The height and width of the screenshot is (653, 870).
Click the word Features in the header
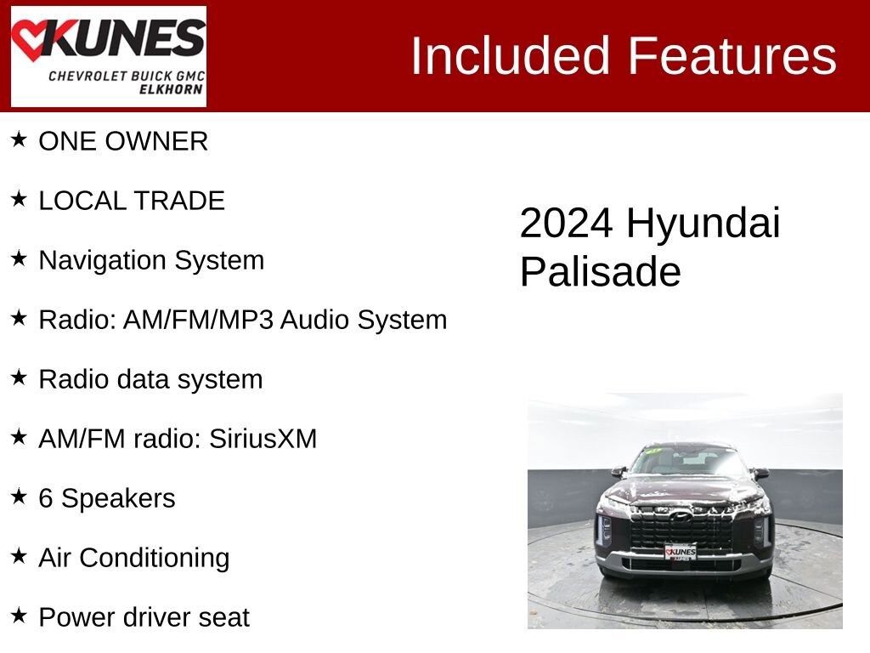[x=732, y=56]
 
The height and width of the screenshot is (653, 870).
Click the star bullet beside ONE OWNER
[x=19, y=139]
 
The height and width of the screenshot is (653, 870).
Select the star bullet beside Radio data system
[x=19, y=378]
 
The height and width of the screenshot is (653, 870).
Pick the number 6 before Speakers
[x=46, y=498]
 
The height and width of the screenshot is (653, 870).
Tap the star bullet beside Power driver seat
[x=19, y=616]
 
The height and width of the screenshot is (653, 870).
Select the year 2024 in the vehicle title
[x=566, y=224]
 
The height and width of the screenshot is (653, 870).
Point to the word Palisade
[x=600, y=273]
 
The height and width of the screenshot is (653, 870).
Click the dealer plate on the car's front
[x=681, y=553]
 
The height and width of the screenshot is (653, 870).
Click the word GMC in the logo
[x=189, y=76]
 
